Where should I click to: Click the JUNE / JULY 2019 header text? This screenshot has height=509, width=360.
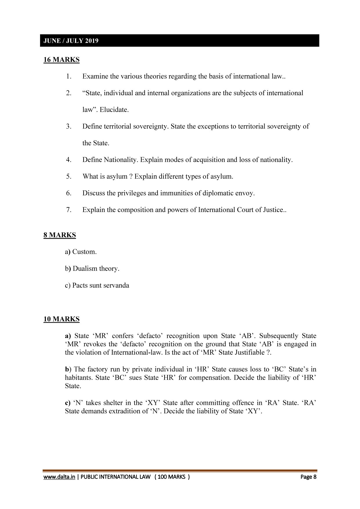(71, 41)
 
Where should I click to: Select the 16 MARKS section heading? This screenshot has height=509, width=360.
(61, 60)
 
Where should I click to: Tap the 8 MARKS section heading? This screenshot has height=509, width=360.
(60, 235)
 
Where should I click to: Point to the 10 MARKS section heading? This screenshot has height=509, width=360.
(61, 319)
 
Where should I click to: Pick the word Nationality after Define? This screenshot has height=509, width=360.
(121, 160)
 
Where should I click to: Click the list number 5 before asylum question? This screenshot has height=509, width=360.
(68, 176)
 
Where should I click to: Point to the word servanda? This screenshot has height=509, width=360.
(117, 285)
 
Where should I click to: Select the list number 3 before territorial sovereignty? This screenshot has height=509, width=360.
(68, 126)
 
